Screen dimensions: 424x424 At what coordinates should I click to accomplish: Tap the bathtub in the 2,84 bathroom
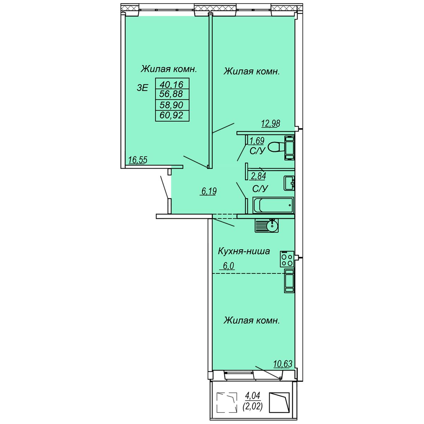[273, 205]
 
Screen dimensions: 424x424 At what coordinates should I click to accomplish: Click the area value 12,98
[271, 123]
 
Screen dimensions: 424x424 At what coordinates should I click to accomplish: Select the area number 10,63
[283, 364]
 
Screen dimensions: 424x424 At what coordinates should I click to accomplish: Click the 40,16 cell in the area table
[172, 84]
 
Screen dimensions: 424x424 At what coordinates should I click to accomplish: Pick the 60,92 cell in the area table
[172, 115]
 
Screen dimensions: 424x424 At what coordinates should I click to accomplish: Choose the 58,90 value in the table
[172, 105]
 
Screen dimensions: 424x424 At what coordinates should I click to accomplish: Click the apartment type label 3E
[142, 88]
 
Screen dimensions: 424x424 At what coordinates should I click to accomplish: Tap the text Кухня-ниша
[244, 251]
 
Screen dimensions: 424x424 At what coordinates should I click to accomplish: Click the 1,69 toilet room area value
[257, 140]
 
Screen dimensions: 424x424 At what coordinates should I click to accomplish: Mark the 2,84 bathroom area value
[258, 176]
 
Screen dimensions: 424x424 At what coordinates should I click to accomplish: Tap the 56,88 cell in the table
[172, 94]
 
